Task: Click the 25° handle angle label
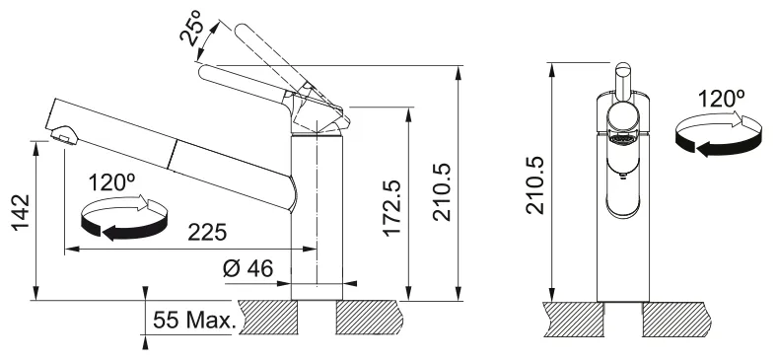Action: point(193,29)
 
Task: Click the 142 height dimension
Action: point(22,212)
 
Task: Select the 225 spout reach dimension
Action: point(207,232)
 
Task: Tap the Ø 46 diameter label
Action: point(248,268)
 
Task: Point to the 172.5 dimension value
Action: point(393,208)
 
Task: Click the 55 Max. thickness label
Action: point(194,320)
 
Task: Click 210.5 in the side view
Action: point(443,192)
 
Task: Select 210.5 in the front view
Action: point(535,185)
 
